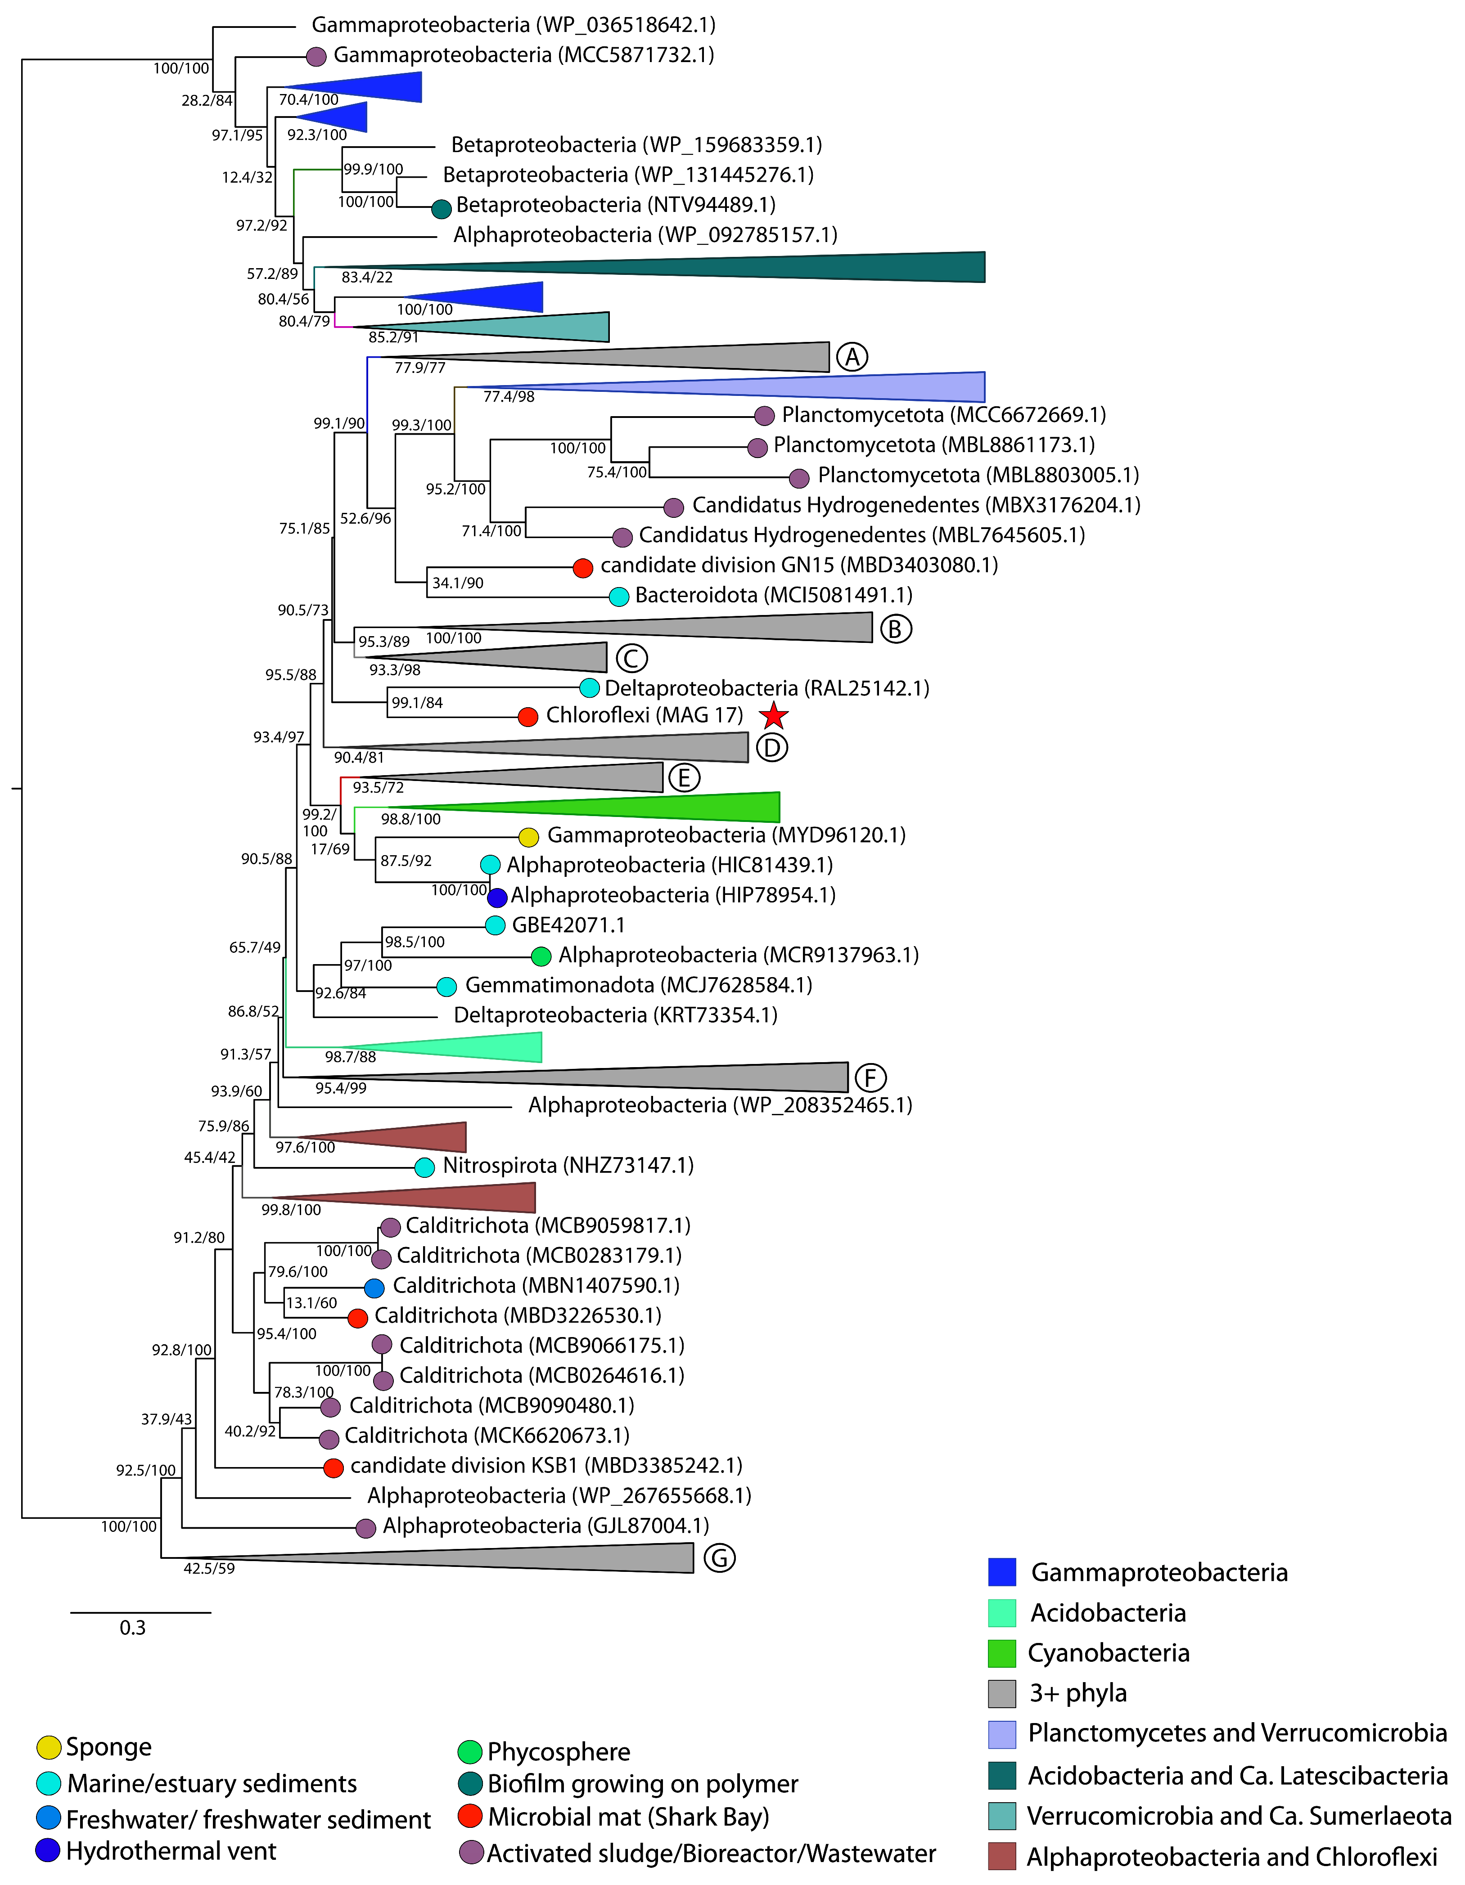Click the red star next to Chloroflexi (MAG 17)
click(x=774, y=715)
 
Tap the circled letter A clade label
click(x=852, y=356)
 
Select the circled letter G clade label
click(x=719, y=1558)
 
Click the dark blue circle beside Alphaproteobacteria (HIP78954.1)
click(x=497, y=897)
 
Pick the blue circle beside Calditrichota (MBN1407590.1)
click(x=374, y=1288)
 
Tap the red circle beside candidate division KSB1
click(x=333, y=1467)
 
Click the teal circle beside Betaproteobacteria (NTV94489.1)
click(x=441, y=208)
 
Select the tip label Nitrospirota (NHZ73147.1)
click(x=568, y=1165)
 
